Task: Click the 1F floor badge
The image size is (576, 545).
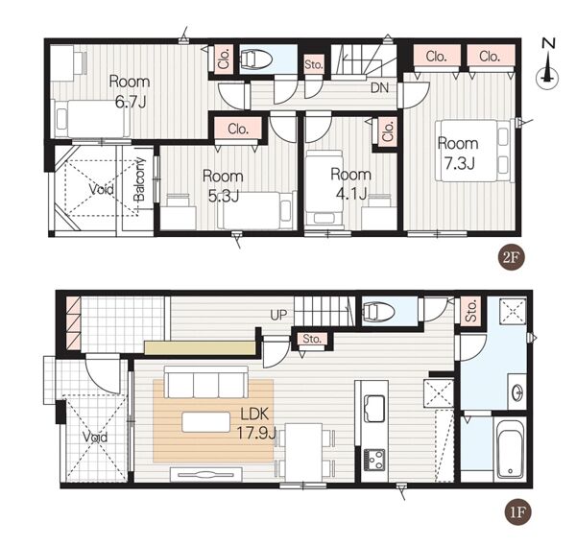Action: point(518,511)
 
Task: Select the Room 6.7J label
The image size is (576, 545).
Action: point(130,92)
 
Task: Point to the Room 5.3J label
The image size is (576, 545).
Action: point(223,186)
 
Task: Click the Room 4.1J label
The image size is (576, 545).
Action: point(351,183)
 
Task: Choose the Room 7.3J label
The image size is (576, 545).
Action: point(458,154)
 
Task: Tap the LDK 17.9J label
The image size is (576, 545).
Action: point(255,424)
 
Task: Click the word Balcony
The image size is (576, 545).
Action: point(139,179)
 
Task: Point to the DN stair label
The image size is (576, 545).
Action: point(380,87)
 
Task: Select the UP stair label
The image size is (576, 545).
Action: point(278,315)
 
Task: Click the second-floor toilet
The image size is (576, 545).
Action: point(255,58)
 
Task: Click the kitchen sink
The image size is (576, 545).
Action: point(374,409)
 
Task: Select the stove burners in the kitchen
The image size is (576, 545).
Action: point(374,460)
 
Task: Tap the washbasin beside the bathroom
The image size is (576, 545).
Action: point(518,392)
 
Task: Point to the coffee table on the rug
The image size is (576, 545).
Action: point(206,421)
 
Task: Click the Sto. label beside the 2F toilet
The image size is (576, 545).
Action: point(314,64)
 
